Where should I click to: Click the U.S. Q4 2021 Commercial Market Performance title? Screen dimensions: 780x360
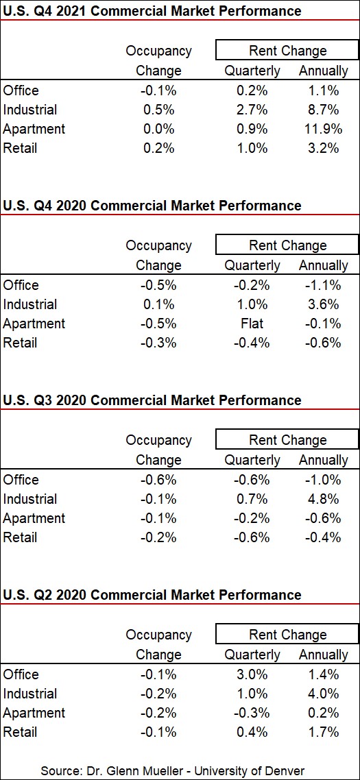click(152, 11)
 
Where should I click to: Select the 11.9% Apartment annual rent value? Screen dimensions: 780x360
click(324, 129)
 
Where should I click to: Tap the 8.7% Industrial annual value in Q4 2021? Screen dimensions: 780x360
click(324, 110)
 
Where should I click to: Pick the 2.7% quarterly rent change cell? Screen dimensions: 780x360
click(252, 110)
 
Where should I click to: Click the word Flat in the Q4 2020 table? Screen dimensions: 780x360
click(252, 324)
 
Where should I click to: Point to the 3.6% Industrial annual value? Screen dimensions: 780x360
click(324, 304)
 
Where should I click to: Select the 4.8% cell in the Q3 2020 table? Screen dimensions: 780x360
click(324, 499)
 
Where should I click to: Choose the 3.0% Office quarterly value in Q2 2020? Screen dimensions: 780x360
click(252, 674)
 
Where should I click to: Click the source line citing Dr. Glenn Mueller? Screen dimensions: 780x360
click(172, 770)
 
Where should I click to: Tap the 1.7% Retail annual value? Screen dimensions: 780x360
click(324, 732)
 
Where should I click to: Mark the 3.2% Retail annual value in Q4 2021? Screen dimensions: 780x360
click(324, 148)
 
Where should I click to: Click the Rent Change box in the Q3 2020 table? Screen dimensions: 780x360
click(287, 440)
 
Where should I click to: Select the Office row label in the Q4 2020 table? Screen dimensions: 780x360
click(21, 285)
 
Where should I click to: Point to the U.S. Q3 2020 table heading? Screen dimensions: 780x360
click(152, 400)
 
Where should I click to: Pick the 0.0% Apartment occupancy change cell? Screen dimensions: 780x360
click(158, 129)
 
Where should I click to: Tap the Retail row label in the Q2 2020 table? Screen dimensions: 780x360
click(20, 732)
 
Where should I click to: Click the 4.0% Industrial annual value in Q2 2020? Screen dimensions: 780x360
click(324, 694)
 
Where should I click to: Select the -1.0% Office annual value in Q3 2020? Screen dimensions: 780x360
click(324, 480)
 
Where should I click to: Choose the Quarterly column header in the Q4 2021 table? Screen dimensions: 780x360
click(252, 71)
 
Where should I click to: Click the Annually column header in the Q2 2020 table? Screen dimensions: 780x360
click(324, 655)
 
